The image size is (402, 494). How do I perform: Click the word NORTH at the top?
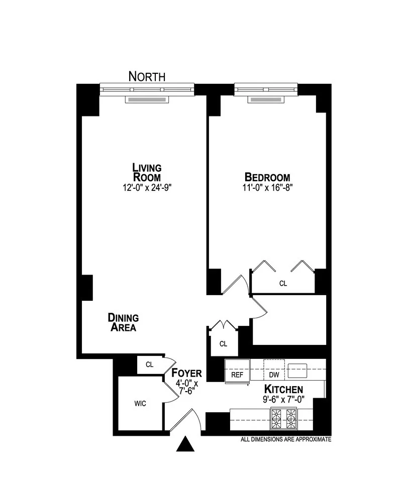(x=147, y=76)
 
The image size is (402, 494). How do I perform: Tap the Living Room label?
(x=147, y=172)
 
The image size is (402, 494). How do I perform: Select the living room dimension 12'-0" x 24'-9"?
(x=146, y=187)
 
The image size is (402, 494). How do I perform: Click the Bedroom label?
(x=267, y=177)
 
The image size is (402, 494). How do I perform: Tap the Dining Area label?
(x=123, y=322)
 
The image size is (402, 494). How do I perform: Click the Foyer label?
(x=186, y=374)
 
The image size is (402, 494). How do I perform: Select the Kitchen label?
(x=283, y=389)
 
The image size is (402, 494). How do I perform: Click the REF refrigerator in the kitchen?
(x=237, y=374)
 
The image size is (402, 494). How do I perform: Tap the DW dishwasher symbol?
(x=274, y=374)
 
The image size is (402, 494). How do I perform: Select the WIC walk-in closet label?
(x=140, y=403)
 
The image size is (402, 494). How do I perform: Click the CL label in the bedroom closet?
(x=283, y=284)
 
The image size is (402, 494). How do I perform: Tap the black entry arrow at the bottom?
(x=187, y=444)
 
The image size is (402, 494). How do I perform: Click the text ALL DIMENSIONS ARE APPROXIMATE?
(x=286, y=439)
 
